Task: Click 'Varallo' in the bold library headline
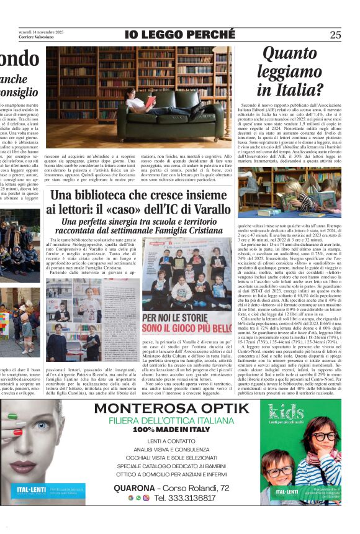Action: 209,209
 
